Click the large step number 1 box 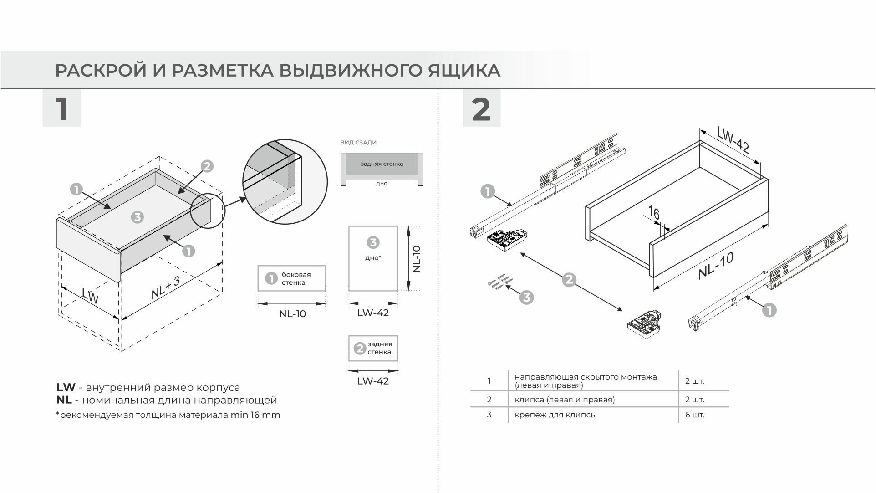(x=61, y=108)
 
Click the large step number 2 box (x=481, y=108)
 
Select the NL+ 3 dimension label (x=165, y=288)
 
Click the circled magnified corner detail (x=285, y=182)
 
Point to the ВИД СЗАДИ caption (x=358, y=143)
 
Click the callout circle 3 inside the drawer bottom (x=137, y=217)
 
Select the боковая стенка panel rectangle (x=291, y=278)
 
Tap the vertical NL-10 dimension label (x=416, y=259)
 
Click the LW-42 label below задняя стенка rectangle (x=373, y=381)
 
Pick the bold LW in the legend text (x=66, y=388)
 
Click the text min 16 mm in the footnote (x=255, y=415)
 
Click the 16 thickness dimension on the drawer (x=654, y=213)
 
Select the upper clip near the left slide (x=507, y=239)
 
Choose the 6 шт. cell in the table (x=694, y=415)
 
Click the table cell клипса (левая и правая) (x=565, y=400)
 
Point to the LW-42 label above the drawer (x=733, y=139)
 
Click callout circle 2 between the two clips (x=569, y=279)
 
